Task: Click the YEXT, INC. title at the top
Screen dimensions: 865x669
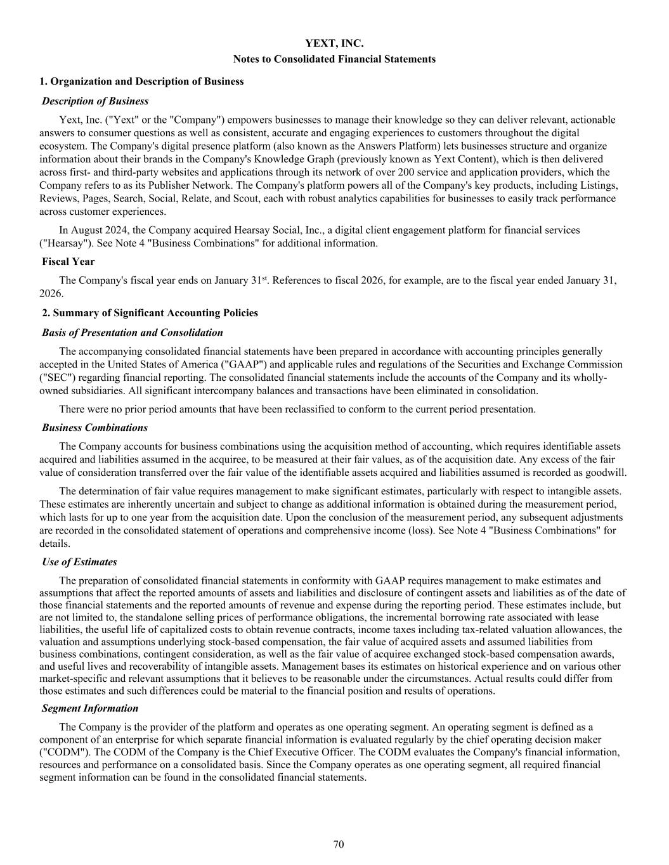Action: tap(334, 44)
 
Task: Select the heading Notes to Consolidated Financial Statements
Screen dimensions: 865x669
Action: tap(334, 59)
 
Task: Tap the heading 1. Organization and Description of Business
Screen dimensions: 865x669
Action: tap(141, 81)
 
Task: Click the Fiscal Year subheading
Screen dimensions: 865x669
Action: tap(68, 261)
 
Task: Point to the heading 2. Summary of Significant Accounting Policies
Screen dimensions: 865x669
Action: tap(150, 312)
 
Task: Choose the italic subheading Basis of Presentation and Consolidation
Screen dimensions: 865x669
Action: tap(133, 332)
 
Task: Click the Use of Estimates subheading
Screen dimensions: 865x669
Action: tap(79, 561)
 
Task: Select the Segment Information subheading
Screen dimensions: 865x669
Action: tap(90, 708)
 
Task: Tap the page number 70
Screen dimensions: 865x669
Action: tap(339, 844)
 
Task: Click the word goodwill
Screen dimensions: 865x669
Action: tap(606, 473)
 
